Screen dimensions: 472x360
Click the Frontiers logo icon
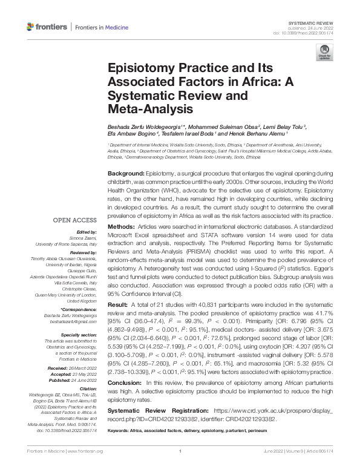point(31,27)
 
